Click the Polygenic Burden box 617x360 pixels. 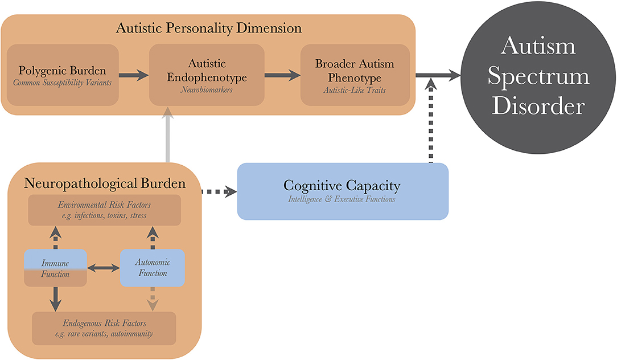[63, 75]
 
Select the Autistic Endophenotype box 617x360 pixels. [207, 75]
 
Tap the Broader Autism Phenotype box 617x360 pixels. [355, 75]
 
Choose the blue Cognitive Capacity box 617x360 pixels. [342, 191]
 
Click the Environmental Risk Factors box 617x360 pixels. [104, 210]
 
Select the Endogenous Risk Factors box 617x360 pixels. [104, 328]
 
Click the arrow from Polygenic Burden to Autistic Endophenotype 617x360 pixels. [133, 75]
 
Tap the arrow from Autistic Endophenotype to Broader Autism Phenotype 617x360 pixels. [282, 75]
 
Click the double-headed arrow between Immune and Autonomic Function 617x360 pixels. [103, 266]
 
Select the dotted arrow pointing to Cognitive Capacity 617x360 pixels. [219, 192]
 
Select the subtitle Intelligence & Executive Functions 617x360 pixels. [342, 199]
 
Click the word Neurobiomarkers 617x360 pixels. [207, 90]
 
